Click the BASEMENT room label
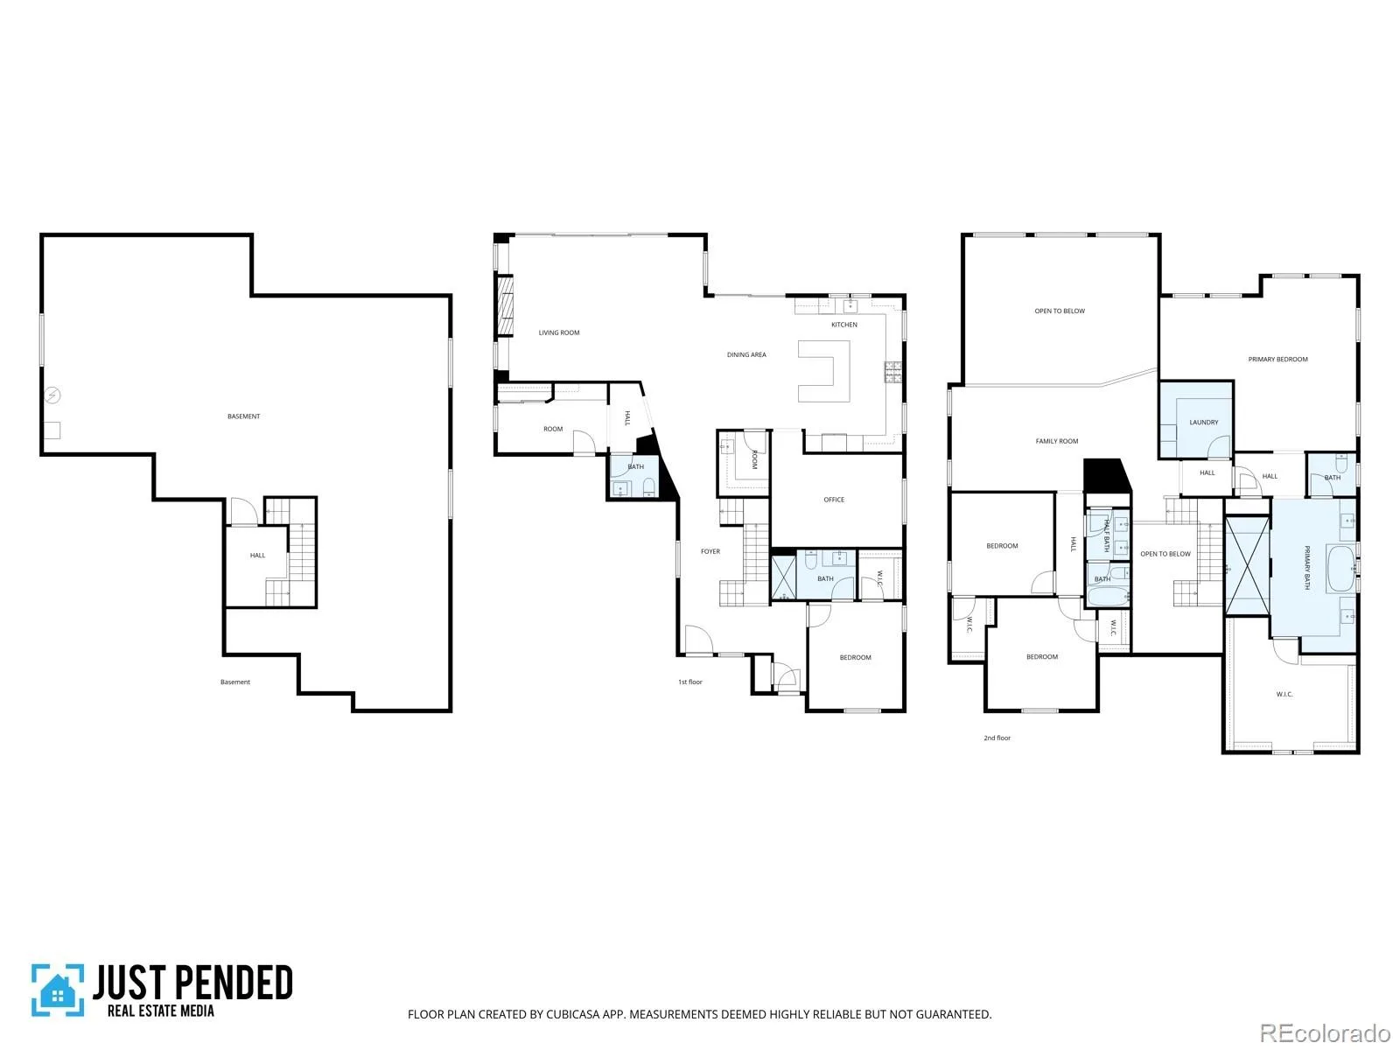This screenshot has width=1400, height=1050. [x=243, y=416]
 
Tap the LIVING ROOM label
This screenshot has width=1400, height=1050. [x=559, y=332]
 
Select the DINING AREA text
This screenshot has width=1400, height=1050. [x=746, y=354]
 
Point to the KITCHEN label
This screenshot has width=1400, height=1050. [x=843, y=325]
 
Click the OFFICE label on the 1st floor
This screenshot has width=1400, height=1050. [x=834, y=499]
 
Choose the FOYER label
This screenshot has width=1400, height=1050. [x=710, y=551]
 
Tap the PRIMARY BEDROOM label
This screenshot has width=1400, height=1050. [x=1277, y=359]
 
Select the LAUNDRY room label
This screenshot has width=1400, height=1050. [x=1203, y=422]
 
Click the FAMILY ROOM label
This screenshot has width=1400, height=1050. [x=1057, y=440]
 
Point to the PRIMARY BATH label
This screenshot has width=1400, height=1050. [x=1306, y=567]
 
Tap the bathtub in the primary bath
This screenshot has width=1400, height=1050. [x=1340, y=569]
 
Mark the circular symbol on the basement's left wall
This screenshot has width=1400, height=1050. [x=52, y=395]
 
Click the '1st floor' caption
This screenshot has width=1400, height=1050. [x=689, y=682]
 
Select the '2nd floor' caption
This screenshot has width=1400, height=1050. [x=997, y=738]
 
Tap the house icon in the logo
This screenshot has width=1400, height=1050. [x=58, y=992]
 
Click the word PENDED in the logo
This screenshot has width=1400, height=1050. [x=234, y=983]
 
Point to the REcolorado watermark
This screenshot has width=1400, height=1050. [x=1325, y=1032]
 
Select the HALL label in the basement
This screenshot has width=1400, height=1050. [x=257, y=555]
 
